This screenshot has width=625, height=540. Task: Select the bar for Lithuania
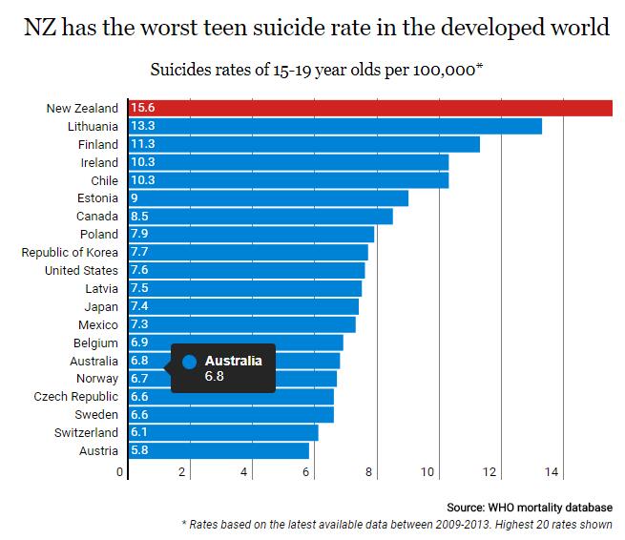coord(335,126)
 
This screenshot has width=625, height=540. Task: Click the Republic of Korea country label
coord(70,252)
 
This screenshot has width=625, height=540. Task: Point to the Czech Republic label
coord(75,397)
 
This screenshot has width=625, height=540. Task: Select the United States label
coord(81,270)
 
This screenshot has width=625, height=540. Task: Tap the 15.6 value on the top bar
coord(143,108)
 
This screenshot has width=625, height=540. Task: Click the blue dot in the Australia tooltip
coord(189,362)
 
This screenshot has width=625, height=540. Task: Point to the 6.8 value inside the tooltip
coord(216,377)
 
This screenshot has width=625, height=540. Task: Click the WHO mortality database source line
coord(529,507)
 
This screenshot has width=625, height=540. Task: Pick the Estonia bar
coord(268,198)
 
